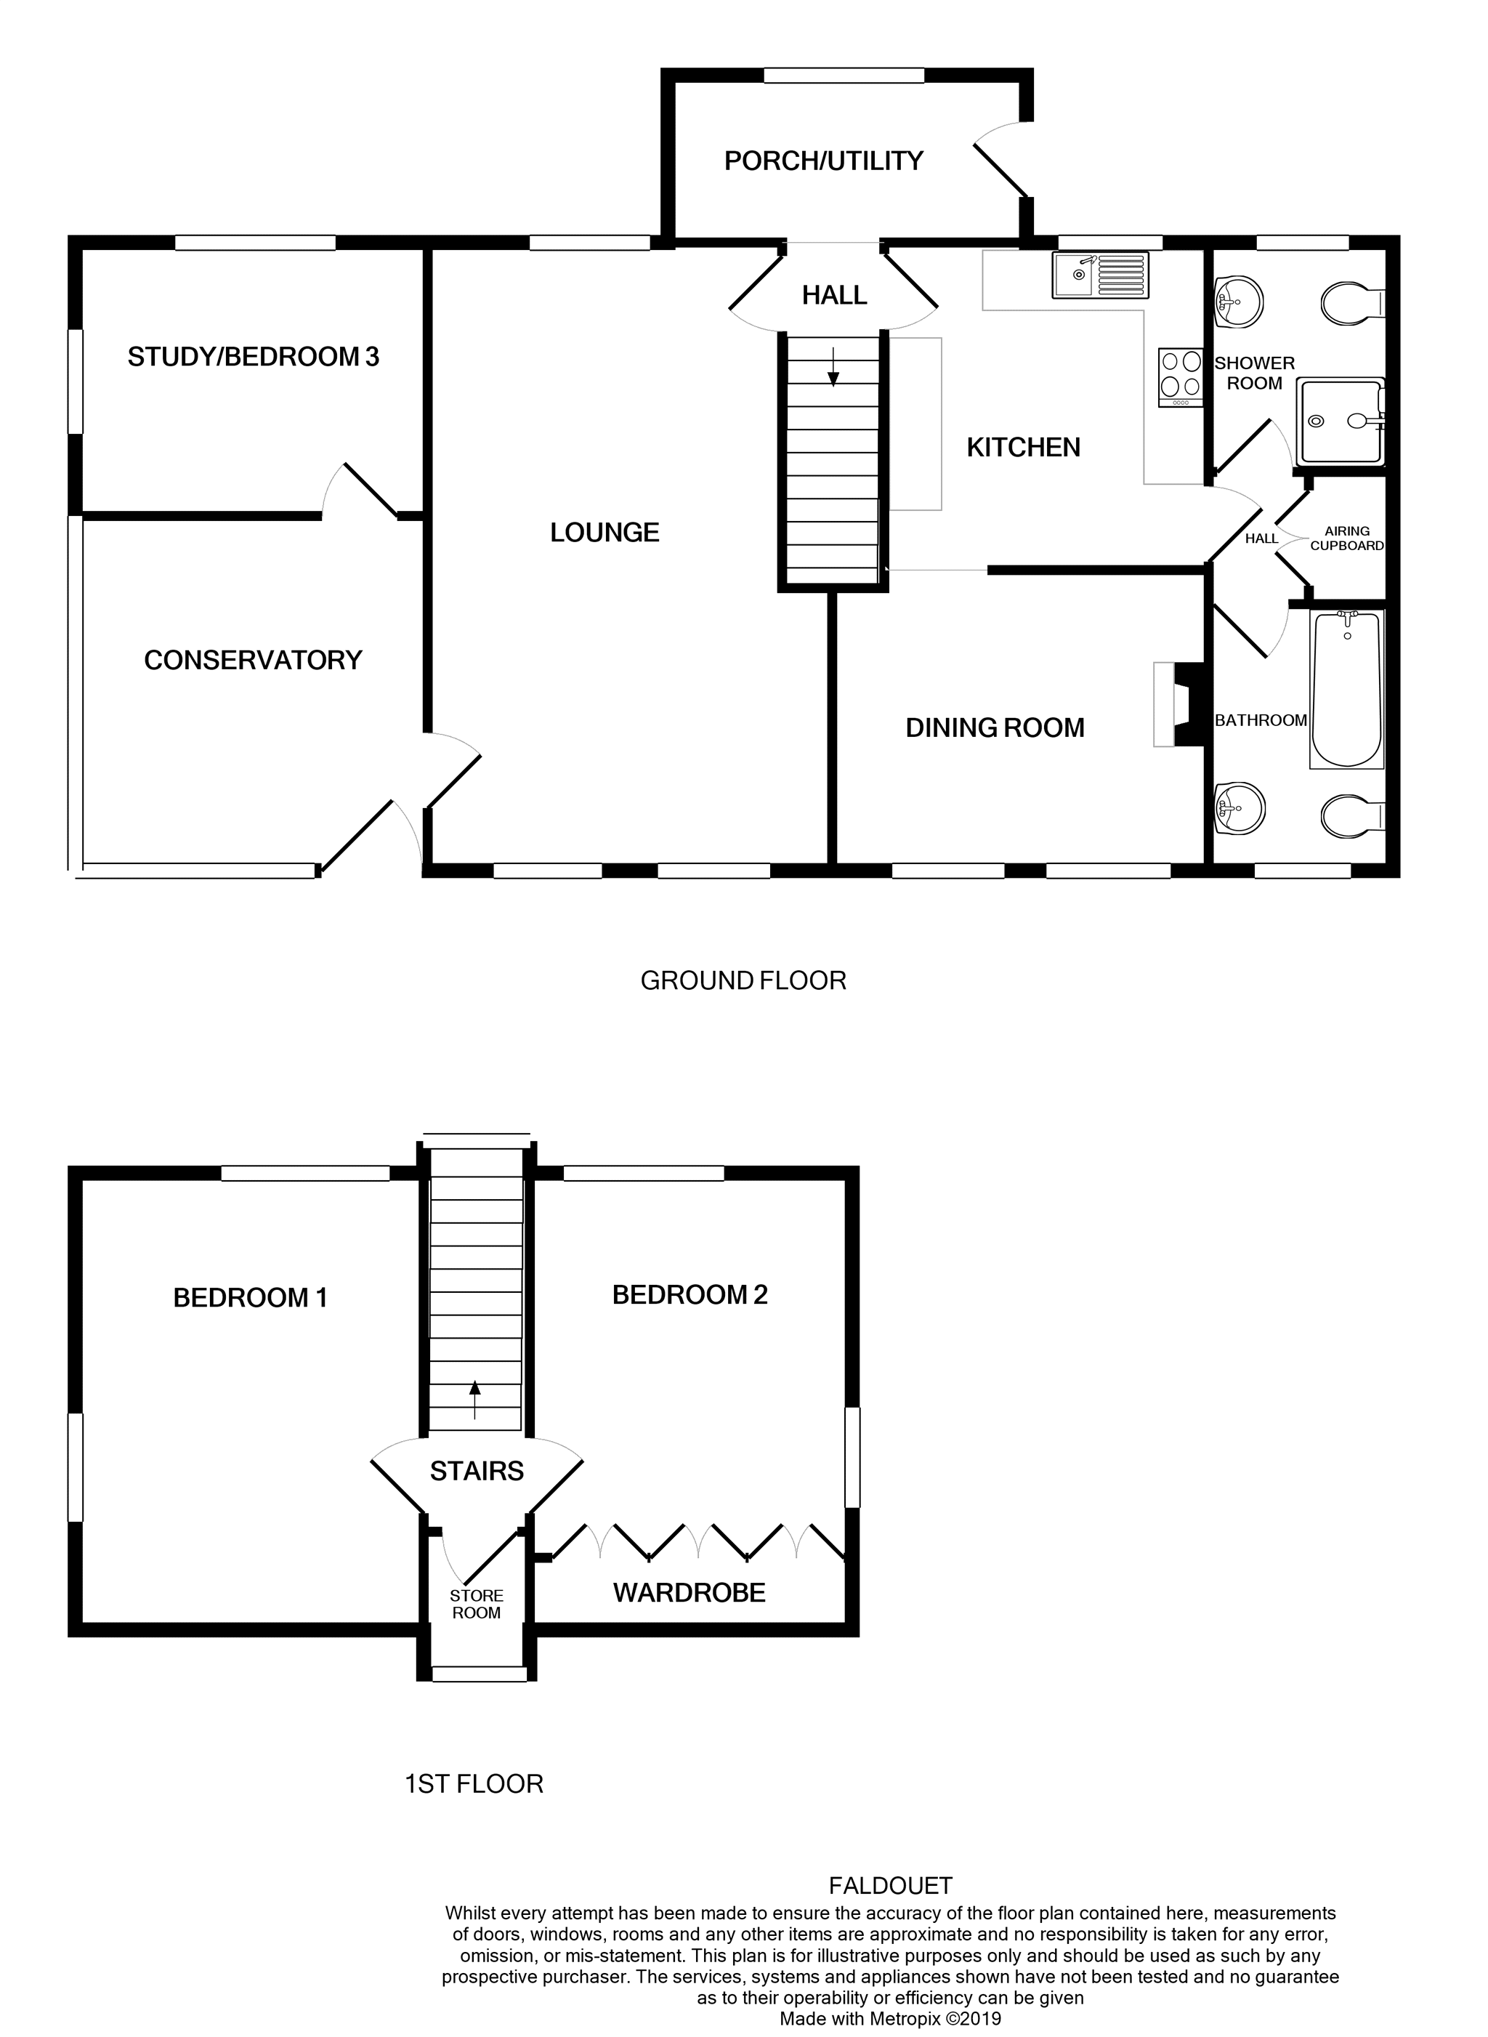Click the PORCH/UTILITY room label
point(823,161)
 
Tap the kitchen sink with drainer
point(1100,275)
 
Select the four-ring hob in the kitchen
point(1181,376)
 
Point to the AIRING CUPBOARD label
point(1346,539)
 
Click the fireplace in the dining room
point(1179,704)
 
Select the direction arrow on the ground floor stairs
point(833,367)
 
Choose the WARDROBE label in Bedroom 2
point(689,1593)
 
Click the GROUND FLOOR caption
point(743,980)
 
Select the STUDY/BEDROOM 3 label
point(253,358)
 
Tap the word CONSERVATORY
point(253,661)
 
